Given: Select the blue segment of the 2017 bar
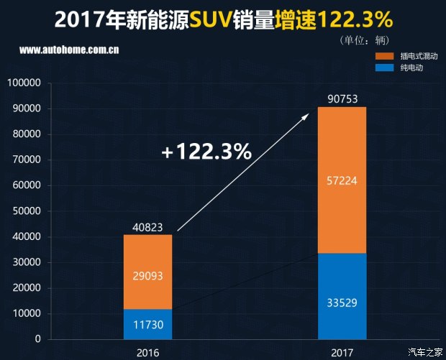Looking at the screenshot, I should tap(342, 280).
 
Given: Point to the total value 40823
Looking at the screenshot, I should tap(147, 227).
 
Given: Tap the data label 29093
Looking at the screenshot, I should tap(147, 274).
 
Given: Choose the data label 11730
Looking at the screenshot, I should tap(147, 325).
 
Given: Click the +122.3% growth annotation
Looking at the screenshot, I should tap(206, 152).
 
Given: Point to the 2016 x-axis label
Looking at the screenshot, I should tap(147, 352).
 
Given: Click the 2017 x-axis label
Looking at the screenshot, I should tap(342, 352).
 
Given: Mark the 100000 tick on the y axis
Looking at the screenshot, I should tap(24, 83).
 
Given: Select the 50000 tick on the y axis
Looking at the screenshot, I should tap(27, 211).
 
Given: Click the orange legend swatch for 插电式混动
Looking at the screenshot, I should tap(385, 56).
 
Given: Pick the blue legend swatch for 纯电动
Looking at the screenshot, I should tap(385, 68).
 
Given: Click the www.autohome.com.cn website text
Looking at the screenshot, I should tap(69, 50).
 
